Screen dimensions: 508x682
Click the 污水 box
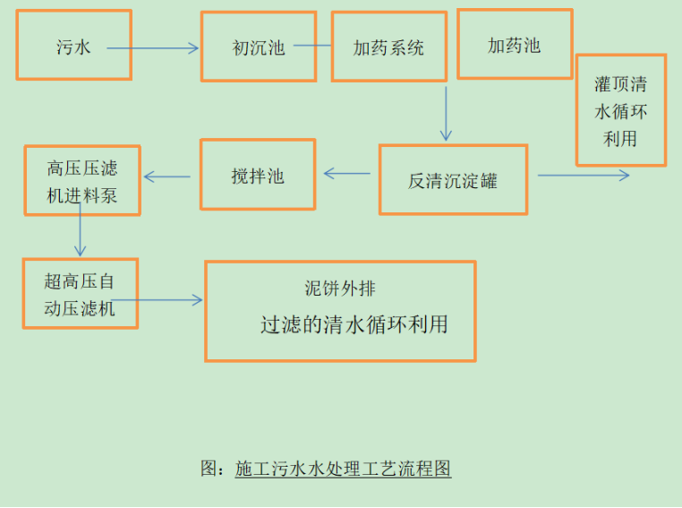coord(73,46)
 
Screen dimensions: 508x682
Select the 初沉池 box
coord(258,47)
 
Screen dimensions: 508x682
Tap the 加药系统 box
coord(388,47)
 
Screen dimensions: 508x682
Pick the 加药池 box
coord(515,44)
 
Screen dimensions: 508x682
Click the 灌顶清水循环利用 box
coord(620,110)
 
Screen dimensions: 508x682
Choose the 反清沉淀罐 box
coord(453,180)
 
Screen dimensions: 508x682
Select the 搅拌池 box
coord(257,175)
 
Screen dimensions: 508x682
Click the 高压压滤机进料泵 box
coord(82,180)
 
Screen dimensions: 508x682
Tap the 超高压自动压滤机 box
coord(80,294)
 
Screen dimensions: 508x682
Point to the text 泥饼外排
coord(340,288)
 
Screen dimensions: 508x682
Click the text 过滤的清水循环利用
coord(354,323)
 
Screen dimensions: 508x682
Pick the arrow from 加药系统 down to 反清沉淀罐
coord(445,113)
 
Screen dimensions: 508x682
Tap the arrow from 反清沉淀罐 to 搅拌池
coord(347,174)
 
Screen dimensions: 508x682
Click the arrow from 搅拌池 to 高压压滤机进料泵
coord(167,177)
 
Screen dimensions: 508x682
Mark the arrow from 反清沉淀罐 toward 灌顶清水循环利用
coord(583,175)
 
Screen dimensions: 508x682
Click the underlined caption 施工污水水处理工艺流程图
coord(343,468)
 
